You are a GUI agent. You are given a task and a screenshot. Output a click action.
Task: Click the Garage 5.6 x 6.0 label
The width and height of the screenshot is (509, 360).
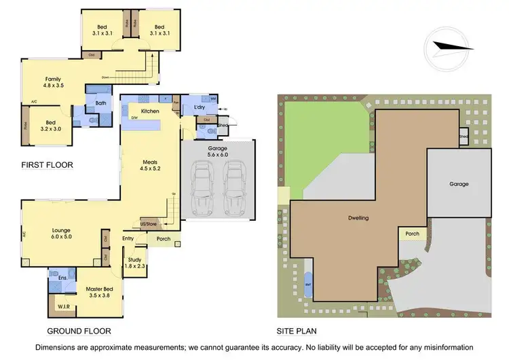[x=217, y=151]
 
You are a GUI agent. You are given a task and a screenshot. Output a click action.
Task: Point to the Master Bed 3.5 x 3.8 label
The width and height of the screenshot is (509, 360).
[x=99, y=292]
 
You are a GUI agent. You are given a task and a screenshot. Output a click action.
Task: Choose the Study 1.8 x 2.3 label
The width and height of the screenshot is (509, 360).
[x=134, y=262]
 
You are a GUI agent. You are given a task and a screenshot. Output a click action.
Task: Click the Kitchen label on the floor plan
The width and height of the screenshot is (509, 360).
[x=149, y=111]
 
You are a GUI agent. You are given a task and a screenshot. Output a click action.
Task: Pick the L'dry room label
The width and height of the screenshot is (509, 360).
[x=200, y=109]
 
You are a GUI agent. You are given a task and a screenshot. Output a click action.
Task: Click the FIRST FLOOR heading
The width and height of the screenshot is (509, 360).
[x=46, y=165]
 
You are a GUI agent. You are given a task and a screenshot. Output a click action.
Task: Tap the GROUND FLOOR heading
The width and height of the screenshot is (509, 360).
[x=78, y=331]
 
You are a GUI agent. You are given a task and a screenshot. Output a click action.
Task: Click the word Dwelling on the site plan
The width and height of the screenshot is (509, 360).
[x=358, y=219]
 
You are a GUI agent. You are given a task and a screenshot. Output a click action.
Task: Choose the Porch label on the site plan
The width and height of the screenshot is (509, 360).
[x=412, y=234]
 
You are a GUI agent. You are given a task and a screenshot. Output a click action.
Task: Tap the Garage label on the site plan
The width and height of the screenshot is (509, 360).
[x=459, y=184]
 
